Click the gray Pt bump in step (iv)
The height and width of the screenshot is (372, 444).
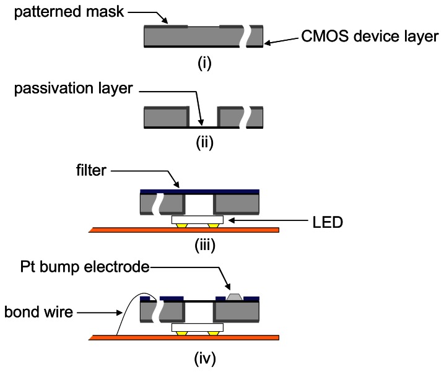click(x=235, y=296)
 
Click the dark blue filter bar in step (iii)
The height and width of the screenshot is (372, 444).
click(x=199, y=191)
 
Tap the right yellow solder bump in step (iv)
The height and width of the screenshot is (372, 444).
click(x=213, y=333)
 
